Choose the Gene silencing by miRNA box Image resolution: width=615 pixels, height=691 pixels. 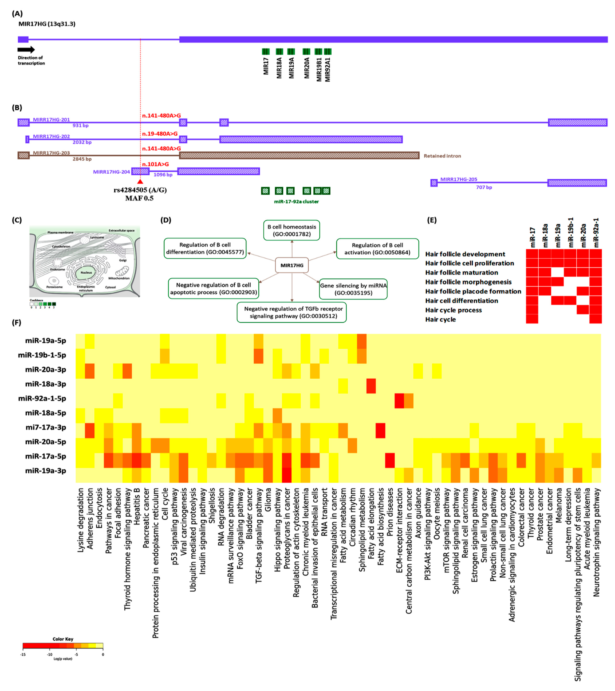point(353,289)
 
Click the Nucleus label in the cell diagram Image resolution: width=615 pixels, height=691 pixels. point(86,273)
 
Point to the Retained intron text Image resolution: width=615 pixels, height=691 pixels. point(442,156)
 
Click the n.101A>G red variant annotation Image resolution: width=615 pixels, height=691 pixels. point(155,164)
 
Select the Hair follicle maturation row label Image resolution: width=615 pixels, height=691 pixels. point(461,273)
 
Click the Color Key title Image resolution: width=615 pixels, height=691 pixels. point(63,639)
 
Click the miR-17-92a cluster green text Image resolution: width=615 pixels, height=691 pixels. point(296,202)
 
